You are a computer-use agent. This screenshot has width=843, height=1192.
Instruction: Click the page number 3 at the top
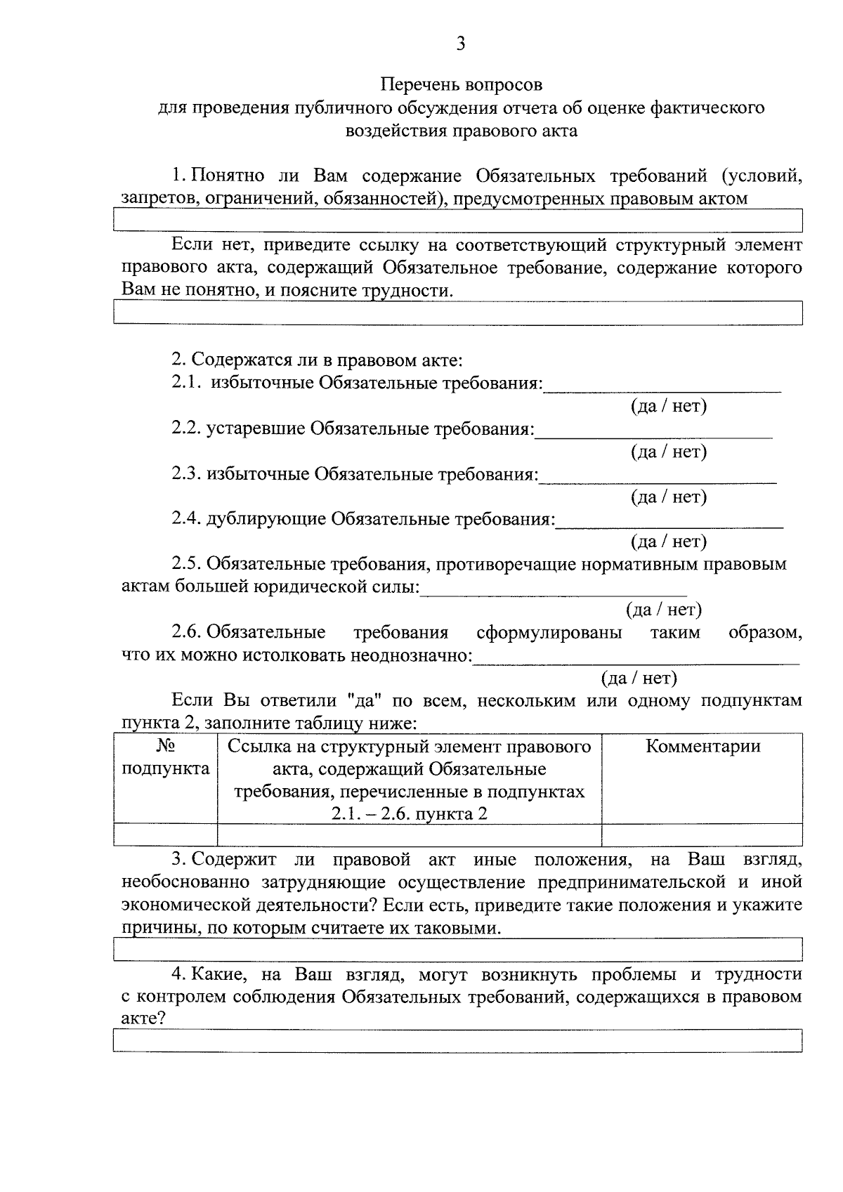pos(460,44)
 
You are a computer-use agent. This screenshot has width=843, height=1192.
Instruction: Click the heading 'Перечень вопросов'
pos(462,85)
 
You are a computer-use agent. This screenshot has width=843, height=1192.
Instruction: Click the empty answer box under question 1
pos(457,221)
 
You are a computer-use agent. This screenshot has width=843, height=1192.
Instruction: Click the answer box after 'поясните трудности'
pos(457,313)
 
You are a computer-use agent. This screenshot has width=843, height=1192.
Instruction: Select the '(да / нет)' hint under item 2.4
pos(669,542)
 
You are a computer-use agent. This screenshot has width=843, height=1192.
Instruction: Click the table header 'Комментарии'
pos(702,746)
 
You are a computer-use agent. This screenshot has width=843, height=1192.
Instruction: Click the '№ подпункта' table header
pos(166,757)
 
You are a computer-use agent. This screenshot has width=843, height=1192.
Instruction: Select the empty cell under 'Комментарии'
pos(702,834)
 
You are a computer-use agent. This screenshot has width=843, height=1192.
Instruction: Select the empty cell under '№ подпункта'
pos(166,834)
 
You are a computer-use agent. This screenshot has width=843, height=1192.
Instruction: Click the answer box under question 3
pos(457,950)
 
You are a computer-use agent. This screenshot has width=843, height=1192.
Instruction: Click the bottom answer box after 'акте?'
pos(457,1040)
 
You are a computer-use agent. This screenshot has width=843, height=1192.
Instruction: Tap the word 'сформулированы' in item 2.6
pos(549,633)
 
